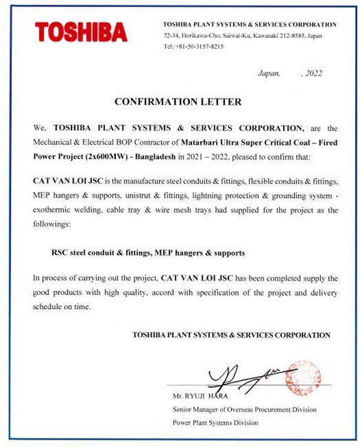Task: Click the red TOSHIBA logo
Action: (80, 32)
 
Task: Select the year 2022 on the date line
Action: (314, 74)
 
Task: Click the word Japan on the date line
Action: (268, 74)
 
